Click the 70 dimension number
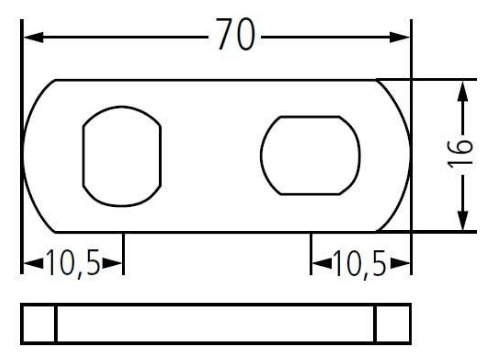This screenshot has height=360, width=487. coord(236,34)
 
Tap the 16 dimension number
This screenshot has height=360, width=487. coord(460,154)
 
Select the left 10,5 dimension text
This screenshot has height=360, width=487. coord(73,263)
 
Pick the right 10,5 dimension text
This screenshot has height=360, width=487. coord(360,264)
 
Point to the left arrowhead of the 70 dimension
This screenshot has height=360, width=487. coord(33,37)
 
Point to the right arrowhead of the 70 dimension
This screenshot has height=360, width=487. coord(399,37)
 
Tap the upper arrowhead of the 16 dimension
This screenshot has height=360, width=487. coord(463,91)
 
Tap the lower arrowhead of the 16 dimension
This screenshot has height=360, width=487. coord(463,220)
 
